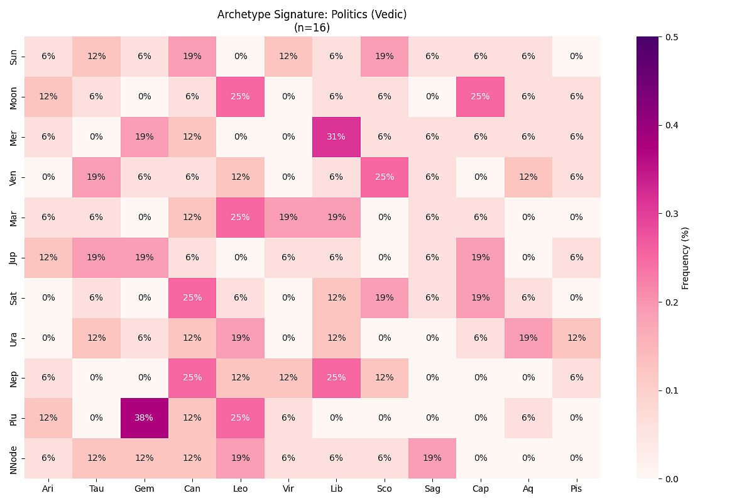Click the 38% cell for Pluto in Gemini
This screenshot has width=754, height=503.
pyautogui.click(x=144, y=418)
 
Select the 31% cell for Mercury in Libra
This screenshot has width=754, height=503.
pyautogui.click(x=336, y=136)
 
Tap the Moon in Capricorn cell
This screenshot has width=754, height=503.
pyautogui.click(x=480, y=96)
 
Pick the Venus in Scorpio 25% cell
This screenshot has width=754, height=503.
pyautogui.click(x=384, y=177)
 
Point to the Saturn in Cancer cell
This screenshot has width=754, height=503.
pyautogui.click(x=192, y=297)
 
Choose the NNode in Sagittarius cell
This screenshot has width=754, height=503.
pyautogui.click(x=432, y=458)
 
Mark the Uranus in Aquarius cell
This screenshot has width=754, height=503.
pyautogui.click(x=528, y=338)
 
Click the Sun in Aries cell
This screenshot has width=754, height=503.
pyautogui.click(x=48, y=56)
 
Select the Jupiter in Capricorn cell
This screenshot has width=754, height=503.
pyautogui.click(x=480, y=257)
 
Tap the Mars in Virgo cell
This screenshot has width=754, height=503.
pyautogui.click(x=288, y=217)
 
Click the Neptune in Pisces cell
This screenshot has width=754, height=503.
pyautogui.click(x=576, y=378)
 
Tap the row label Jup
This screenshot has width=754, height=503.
pyautogui.click(x=14, y=257)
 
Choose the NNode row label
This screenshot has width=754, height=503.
pyautogui.click(x=14, y=458)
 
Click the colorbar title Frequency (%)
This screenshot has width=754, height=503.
pyautogui.click(x=686, y=258)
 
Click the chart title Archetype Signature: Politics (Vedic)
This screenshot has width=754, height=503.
pyautogui.click(x=312, y=14)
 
